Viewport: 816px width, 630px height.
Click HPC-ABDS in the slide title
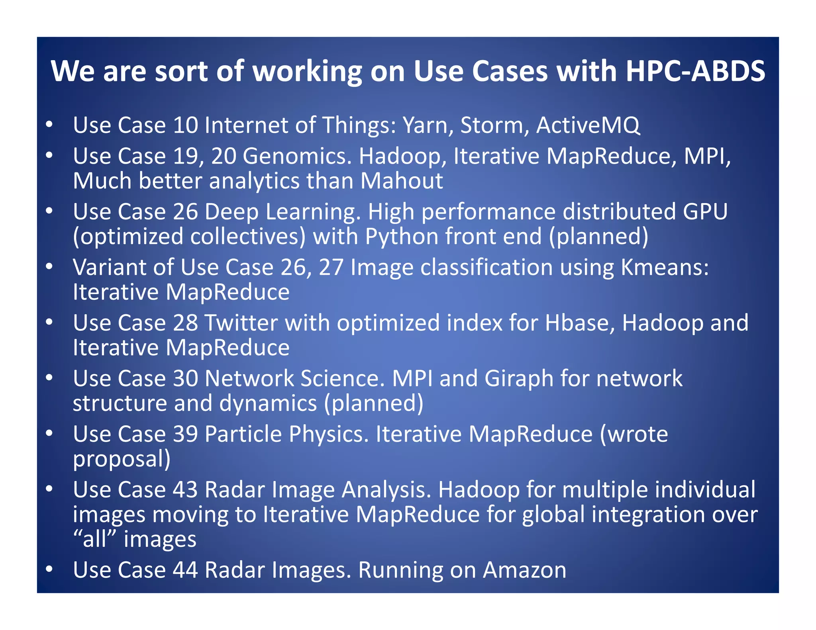point(695,71)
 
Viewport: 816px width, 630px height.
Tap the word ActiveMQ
point(588,125)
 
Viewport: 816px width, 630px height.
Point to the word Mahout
point(402,181)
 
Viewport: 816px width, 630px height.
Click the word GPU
point(705,211)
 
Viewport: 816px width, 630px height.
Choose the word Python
point(401,237)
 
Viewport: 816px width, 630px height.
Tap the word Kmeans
point(664,267)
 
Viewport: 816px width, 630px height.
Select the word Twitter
point(241,323)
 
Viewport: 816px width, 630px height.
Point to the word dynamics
point(268,403)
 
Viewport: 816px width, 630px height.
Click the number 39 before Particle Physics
point(185,434)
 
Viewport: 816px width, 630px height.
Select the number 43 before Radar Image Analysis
point(185,489)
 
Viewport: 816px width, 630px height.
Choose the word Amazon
point(524,570)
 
